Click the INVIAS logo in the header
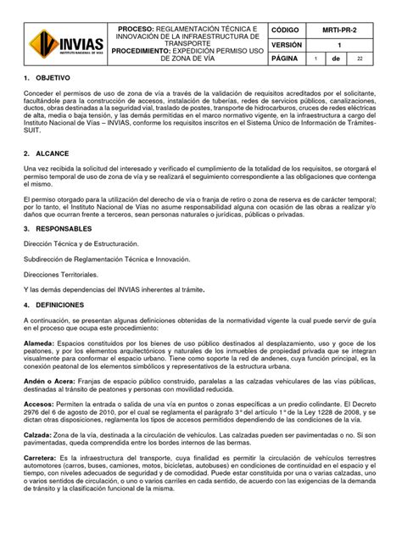tap(67, 42)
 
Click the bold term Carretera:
tap(44, 483)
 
